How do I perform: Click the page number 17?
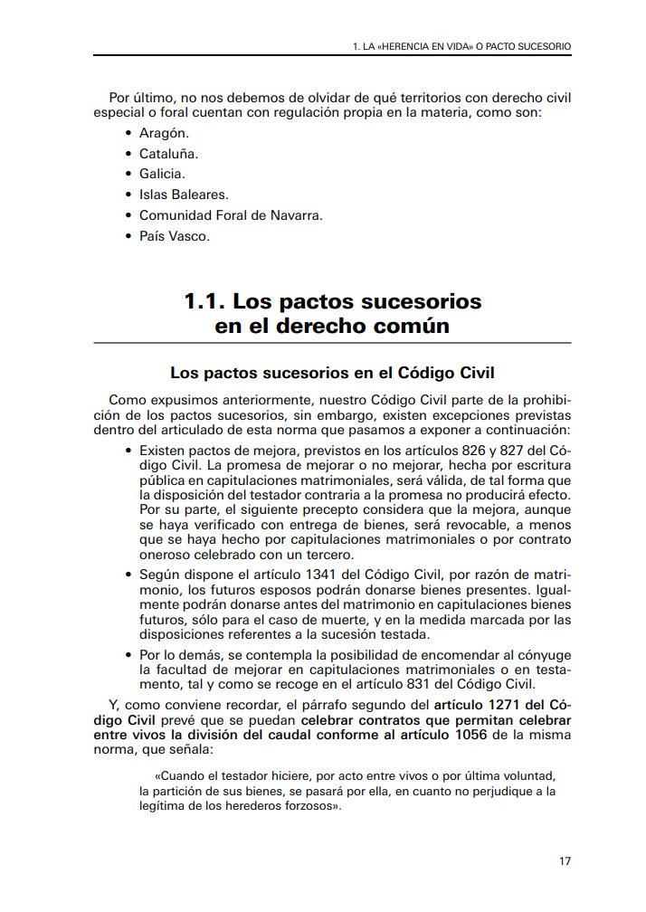[x=565, y=860]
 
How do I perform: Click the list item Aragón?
[x=164, y=133]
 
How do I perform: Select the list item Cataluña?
[x=168, y=154]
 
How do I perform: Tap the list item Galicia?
[x=162, y=174]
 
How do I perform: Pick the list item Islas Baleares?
[x=184, y=195]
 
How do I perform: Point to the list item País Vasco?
[x=174, y=236]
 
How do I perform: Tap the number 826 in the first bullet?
[x=450, y=450]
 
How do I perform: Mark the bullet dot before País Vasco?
[x=128, y=236]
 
